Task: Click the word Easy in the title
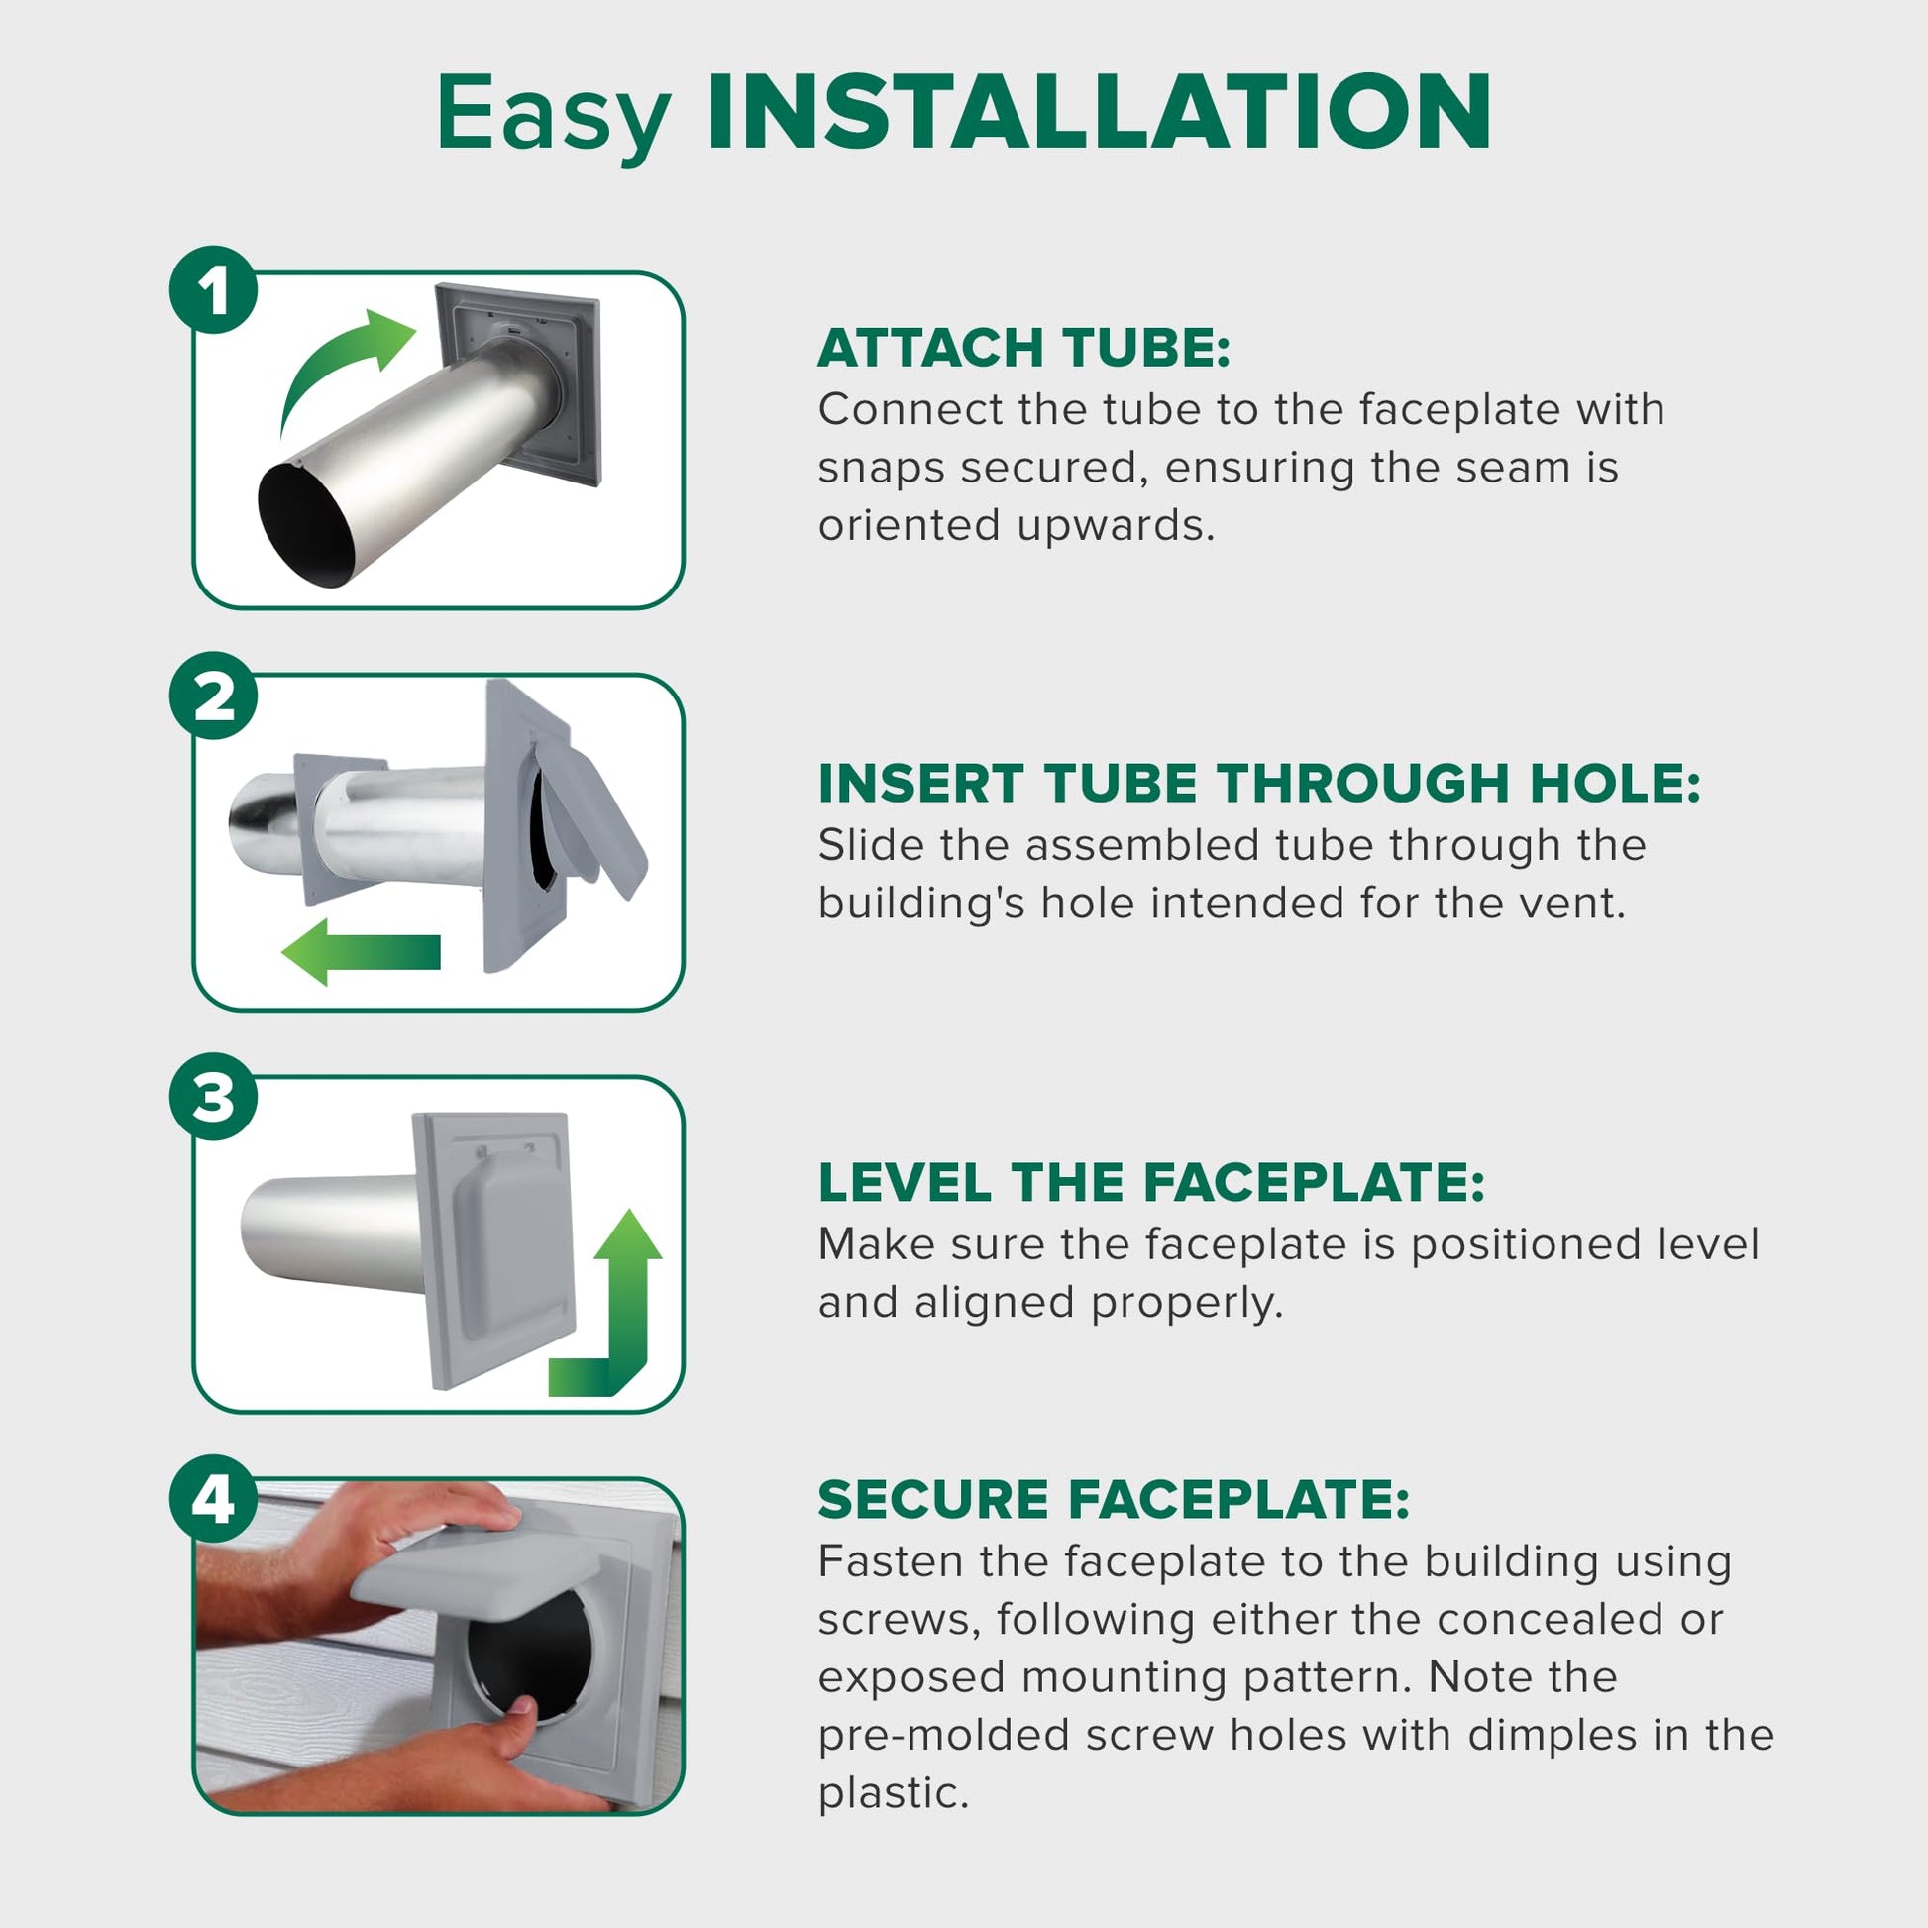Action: pos(554,118)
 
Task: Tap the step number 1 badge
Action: pos(214,290)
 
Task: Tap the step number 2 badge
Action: pos(214,696)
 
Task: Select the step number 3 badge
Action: pos(214,1097)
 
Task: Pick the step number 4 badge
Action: pos(214,1499)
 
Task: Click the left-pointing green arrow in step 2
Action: pos(362,952)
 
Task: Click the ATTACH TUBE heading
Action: pos(1023,349)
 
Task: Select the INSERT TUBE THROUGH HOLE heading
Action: pos(1259,784)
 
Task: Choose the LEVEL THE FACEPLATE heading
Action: pos(1151,1183)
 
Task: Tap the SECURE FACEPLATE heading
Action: pos(1114,1499)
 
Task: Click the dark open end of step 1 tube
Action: pos(306,526)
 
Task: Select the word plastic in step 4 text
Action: pos(893,1793)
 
